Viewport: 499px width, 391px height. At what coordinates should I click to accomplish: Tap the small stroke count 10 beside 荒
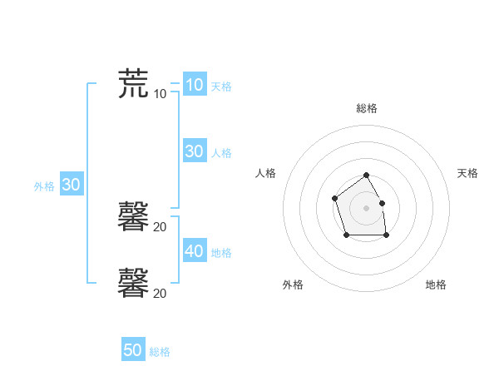point(161,93)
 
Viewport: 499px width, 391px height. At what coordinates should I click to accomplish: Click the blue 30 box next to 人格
point(194,151)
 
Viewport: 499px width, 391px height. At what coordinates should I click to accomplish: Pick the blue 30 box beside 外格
point(71,185)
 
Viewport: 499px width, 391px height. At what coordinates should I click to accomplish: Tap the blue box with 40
point(194,250)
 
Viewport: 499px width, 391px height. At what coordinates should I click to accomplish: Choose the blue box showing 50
point(133,350)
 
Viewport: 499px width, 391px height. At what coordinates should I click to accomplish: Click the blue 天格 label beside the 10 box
point(221,87)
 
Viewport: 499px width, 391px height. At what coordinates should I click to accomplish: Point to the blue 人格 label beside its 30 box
point(221,153)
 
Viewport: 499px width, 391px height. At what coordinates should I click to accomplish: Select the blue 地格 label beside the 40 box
point(221,253)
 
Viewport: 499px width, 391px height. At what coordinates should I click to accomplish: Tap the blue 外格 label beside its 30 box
point(44,187)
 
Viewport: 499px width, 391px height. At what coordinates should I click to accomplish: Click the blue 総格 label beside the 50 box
point(160,353)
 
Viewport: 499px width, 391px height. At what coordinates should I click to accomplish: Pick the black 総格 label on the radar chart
point(367,108)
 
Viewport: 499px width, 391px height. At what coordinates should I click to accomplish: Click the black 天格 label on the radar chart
point(467,173)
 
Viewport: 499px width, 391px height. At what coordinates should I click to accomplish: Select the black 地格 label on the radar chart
point(436,285)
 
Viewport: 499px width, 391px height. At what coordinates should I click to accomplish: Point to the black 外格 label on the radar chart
point(293,285)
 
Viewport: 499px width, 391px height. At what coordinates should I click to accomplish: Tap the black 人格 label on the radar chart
point(265,173)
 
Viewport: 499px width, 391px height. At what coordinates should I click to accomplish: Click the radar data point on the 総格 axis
point(366,176)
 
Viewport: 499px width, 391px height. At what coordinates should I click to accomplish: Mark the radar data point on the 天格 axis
point(382,203)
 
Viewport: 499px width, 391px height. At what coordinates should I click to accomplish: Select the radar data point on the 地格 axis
point(386,235)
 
